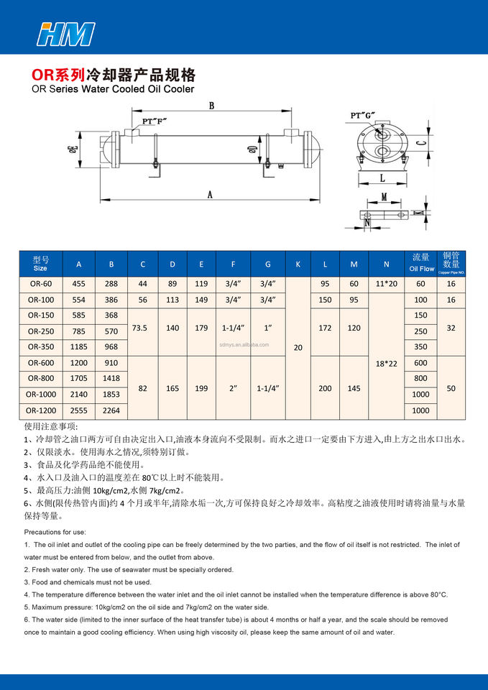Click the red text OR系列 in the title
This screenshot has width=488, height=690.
coord(58,75)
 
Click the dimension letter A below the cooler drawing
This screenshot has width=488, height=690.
coord(209,193)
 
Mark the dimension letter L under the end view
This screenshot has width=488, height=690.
coord(382,177)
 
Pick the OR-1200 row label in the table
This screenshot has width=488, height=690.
coord(41,410)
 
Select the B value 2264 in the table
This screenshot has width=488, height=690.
coord(111,410)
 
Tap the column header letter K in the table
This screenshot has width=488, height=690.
coord(298,264)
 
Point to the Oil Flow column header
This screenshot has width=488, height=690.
coord(421,264)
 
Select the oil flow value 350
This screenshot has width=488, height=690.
coord(421,347)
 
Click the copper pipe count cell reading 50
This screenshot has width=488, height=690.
coord(451,387)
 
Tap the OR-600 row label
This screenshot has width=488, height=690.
coord(41,363)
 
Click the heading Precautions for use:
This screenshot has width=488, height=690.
coord(55,532)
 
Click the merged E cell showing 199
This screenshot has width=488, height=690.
coord(201,387)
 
